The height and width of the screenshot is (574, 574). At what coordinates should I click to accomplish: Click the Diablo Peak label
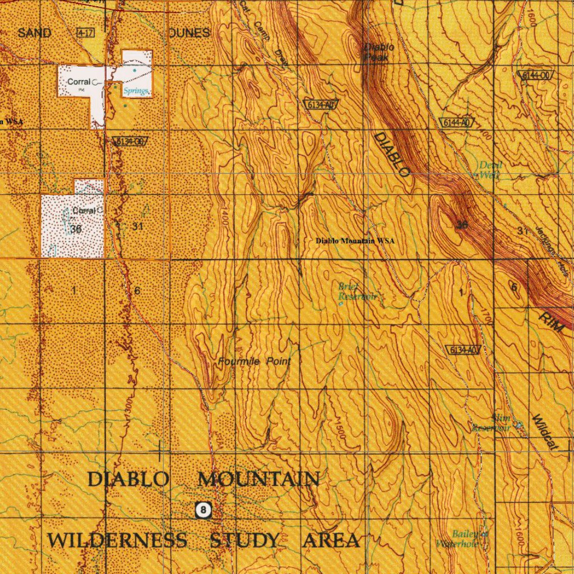tap(379, 52)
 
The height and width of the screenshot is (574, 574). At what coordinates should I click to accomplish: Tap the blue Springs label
tap(137, 91)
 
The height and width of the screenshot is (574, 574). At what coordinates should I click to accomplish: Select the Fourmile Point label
tap(254, 362)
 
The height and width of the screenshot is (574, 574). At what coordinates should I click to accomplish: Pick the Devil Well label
tap(490, 170)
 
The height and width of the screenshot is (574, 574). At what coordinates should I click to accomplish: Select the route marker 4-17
tap(86, 33)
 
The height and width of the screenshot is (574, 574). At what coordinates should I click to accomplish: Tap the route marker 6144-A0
tap(456, 123)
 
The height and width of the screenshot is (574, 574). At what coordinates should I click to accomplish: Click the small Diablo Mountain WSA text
tap(355, 240)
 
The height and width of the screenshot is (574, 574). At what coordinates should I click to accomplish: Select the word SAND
tap(34, 33)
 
